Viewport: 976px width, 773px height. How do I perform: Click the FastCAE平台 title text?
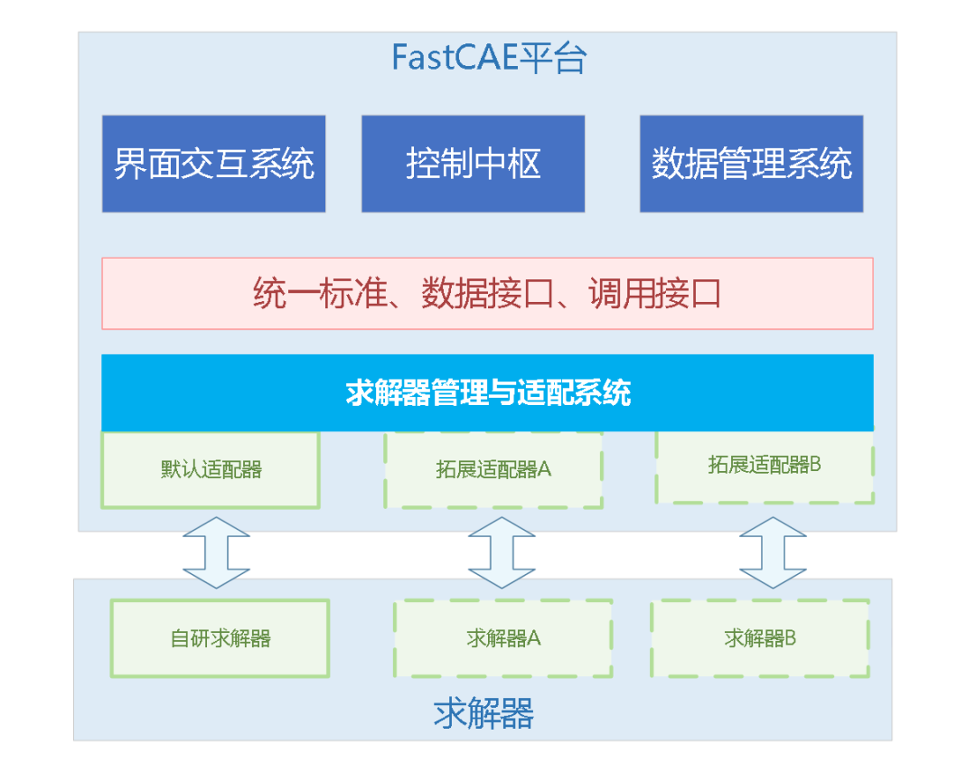tap(489, 59)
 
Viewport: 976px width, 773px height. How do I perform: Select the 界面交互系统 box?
tap(213, 164)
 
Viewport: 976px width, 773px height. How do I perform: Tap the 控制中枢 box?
tap(473, 164)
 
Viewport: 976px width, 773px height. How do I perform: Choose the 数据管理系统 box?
tap(751, 164)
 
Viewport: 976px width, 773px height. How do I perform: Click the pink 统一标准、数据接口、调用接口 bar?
tap(487, 294)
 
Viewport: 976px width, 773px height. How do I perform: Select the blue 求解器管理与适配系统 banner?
tap(487, 393)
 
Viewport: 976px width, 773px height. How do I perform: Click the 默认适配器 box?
tap(211, 469)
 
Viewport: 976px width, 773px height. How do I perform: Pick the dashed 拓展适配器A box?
tap(493, 469)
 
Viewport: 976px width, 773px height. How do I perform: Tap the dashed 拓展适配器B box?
tap(765, 465)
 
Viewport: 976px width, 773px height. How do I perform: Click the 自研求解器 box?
tap(220, 638)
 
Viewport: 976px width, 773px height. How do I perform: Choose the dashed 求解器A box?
tap(502, 638)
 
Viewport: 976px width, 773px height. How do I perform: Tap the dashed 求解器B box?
tap(760, 638)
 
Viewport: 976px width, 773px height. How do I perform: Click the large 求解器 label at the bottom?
tap(483, 714)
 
